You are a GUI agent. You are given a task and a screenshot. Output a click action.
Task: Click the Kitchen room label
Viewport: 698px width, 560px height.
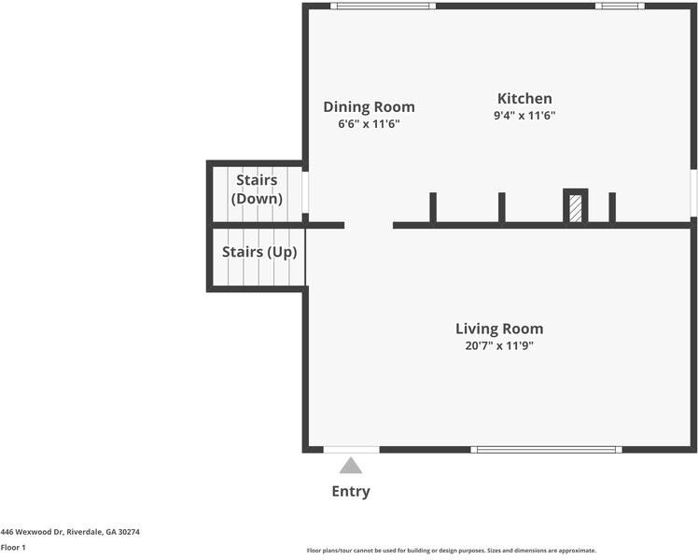pyautogui.click(x=524, y=98)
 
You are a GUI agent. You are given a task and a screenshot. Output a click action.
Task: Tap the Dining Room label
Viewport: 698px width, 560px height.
pyautogui.click(x=369, y=106)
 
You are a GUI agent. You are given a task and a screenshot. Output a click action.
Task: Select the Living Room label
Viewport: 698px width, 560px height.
pyautogui.click(x=499, y=329)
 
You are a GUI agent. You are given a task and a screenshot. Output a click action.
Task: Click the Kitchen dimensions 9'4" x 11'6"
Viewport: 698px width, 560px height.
pyautogui.click(x=524, y=116)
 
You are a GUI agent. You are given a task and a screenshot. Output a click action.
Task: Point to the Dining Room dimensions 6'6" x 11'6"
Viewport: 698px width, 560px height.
pyautogui.click(x=369, y=124)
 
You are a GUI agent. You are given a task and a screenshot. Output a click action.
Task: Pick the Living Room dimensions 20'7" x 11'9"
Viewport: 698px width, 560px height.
pyautogui.click(x=499, y=346)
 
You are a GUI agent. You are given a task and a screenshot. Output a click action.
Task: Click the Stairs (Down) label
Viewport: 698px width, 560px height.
pyautogui.click(x=257, y=189)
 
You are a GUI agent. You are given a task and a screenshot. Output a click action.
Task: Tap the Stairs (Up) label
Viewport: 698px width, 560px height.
pyautogui.click(x=259, y=252)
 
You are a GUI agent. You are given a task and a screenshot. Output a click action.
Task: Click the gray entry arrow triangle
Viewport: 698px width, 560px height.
pyautogui.click(x=351, y=466)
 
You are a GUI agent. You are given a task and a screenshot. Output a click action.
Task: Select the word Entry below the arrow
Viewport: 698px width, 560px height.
pyautogui.click(x=351, y=492)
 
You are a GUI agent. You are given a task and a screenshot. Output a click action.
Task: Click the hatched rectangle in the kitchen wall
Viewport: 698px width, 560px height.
pyautogui.click(x=575, y=208)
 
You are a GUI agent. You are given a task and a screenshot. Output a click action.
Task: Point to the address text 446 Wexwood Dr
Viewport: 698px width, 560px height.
pyautogui.click(x=33, y=532)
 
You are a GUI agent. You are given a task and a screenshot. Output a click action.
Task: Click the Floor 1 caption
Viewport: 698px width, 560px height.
pyautogui.click(x=13, y=548)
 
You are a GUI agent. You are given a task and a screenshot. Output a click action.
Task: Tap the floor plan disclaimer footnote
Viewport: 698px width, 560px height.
pyautogui.click(x=452, y=551)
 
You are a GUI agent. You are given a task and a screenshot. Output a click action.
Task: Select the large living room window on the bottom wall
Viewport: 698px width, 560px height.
pyautogui.click(x=546, y=450)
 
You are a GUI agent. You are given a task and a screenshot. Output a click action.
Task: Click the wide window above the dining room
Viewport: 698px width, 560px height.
pyautogui.click(x=383, y=6)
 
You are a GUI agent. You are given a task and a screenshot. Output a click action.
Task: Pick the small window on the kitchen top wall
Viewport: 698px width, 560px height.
pyautogui.click(x=620, y=6)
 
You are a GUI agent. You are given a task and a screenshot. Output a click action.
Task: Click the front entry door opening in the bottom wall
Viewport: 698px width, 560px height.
pyautogui.click(x=351, y=450)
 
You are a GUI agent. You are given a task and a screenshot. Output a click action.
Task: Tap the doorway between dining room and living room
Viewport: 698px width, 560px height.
pyautogui.click(x=369, y=226)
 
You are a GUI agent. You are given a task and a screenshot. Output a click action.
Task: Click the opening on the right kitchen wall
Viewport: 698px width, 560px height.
pyautogui.click(x=694, y=193)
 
